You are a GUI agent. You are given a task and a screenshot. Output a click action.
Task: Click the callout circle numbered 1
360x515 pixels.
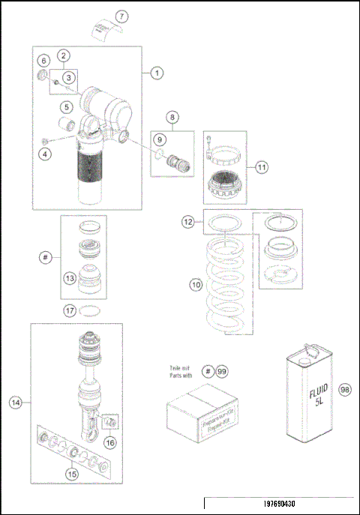[x=157, y=73]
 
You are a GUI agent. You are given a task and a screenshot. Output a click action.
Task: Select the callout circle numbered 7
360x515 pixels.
[x=122, y=16]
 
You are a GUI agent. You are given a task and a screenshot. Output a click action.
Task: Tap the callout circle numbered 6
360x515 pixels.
[x=43, y=60]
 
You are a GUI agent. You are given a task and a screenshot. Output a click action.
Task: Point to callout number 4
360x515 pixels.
[x=44, y=154]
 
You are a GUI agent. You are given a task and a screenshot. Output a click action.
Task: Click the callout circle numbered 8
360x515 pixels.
[x=172, y=117]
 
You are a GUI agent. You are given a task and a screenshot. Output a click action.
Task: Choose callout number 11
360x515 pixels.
[x=262, y=167]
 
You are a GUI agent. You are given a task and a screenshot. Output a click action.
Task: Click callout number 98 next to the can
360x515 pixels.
[x=344, y=389]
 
